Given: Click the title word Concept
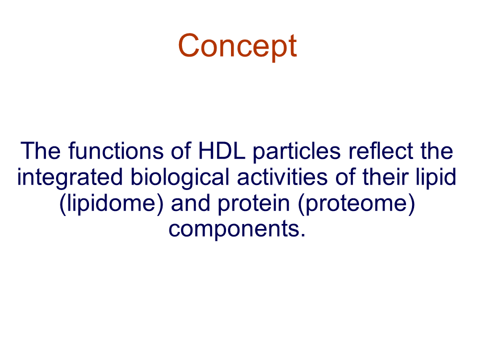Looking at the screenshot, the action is (x=237, y=46).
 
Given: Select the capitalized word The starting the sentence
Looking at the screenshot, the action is (x=40, y=150).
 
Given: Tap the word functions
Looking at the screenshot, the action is (x=116, y=150).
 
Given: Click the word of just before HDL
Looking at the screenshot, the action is (x=181, y=150).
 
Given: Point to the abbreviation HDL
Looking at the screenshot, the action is (x=222, y=150).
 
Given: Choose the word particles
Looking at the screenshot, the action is (x=296, y=152).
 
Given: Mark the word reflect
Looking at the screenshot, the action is (x=380, y=150).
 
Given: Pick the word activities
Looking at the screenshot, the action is (x=282, y=176).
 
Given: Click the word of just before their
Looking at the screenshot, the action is (x=345, y=176).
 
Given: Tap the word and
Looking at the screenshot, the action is (x=190, y=203).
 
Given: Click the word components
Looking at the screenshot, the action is (x=234, y=230).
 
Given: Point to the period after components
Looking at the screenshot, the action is (x=303, y=235).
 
